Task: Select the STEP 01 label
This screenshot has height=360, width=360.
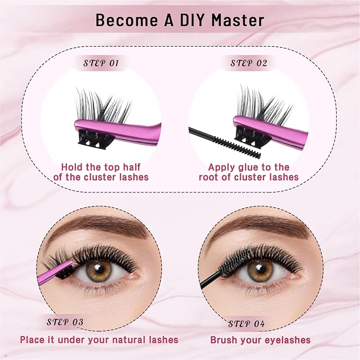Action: point(101,64)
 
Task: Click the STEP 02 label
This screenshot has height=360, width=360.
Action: point(248,64)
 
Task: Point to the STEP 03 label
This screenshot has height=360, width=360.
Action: point(65,322)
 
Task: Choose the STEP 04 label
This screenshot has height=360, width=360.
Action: point(247,323)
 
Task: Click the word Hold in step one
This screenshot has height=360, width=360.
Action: point(73,166)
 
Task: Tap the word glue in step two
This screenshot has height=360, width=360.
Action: point(253,166)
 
